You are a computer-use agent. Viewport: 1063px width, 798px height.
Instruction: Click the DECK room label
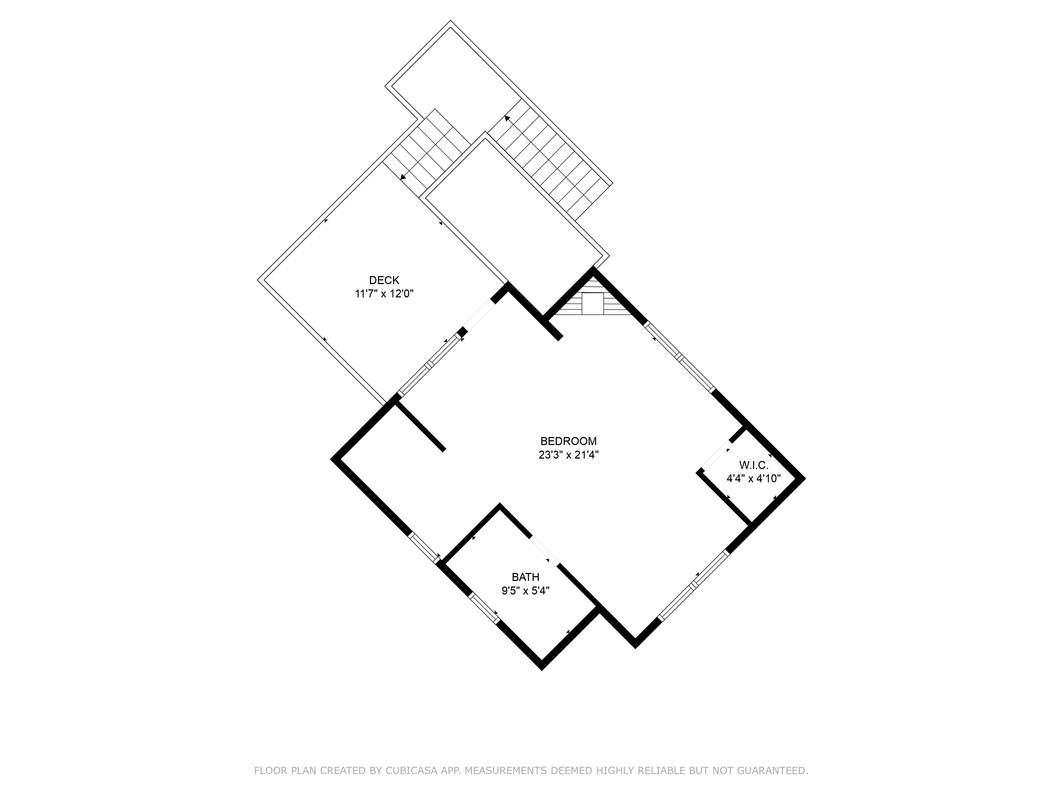[x=384, y=280]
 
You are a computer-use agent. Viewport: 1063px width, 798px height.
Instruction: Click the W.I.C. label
[x=753, y=465]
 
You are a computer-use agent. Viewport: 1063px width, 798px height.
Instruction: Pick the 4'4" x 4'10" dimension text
[x=753, y=479]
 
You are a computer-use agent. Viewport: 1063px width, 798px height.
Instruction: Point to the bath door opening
[x=545, y=551]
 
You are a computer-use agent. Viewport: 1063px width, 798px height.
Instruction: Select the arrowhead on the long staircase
[x=507, y=118]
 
